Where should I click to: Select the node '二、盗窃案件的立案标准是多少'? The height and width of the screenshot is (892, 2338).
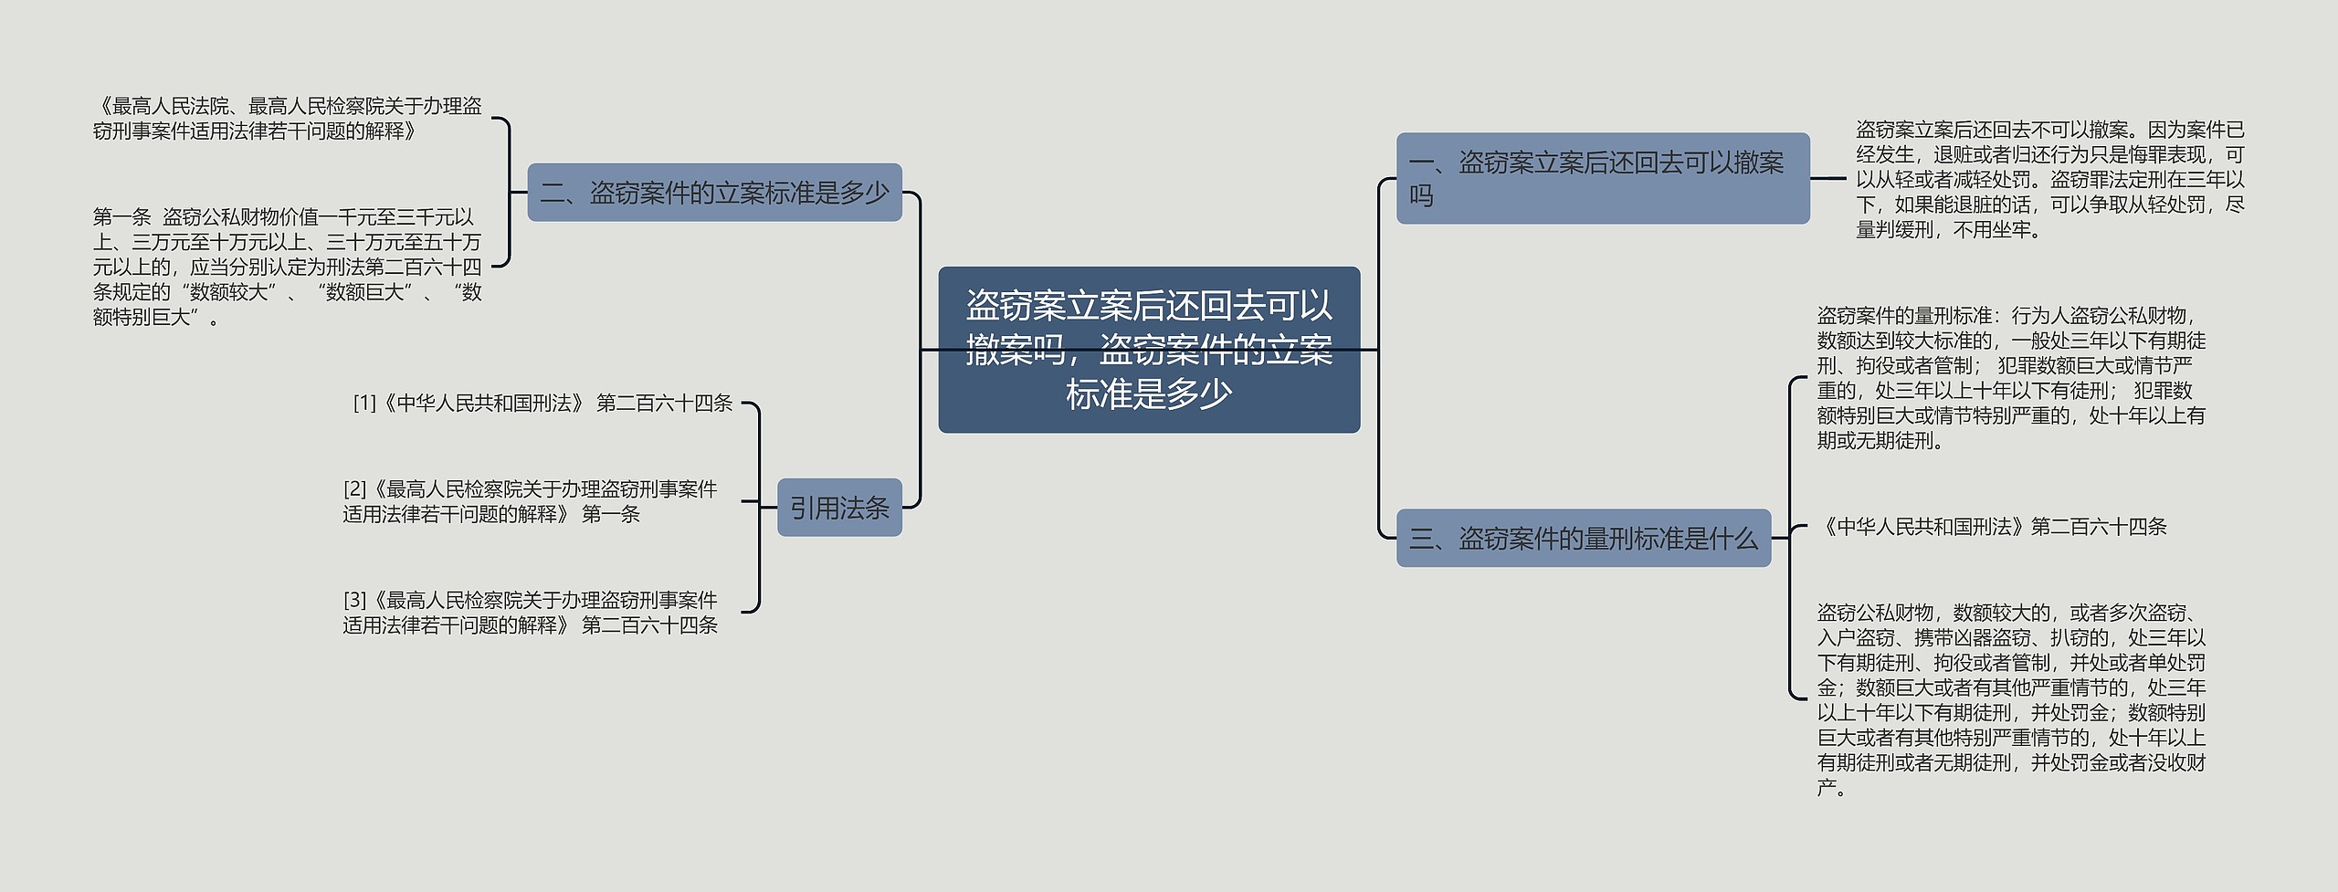(714, 193)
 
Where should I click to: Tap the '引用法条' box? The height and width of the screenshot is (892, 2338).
(839, 508)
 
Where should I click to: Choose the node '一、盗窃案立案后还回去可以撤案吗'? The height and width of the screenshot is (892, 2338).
(1602, 178)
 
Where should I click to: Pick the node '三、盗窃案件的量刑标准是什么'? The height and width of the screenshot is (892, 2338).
(1583, 539)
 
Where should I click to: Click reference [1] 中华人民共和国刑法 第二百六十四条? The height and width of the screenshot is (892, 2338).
(542, 403)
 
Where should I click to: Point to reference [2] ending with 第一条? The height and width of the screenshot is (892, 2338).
(530, 502)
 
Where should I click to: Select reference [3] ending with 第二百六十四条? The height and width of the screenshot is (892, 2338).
(530, 613)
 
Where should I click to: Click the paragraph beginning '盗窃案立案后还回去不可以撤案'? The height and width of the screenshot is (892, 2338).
(2049, 180)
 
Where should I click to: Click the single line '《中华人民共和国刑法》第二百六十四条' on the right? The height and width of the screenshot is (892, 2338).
(1991, 527)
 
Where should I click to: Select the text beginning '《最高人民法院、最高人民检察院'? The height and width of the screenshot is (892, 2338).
(287, 119)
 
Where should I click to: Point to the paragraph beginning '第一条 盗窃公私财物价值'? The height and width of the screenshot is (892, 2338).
(287, 267)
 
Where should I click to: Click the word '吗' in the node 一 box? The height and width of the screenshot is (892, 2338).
(1421, 195)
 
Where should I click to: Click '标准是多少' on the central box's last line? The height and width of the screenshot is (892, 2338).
(1149, 394)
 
